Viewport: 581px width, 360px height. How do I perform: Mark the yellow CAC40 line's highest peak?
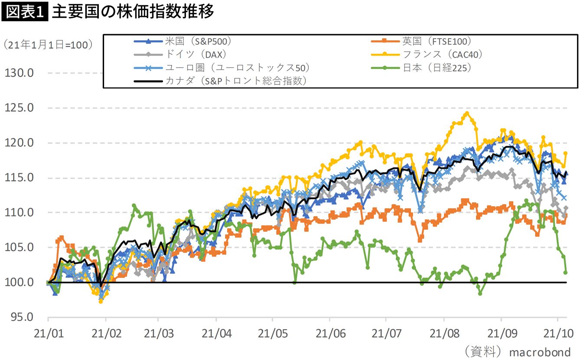pyautogui.click(x=467, y=114)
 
